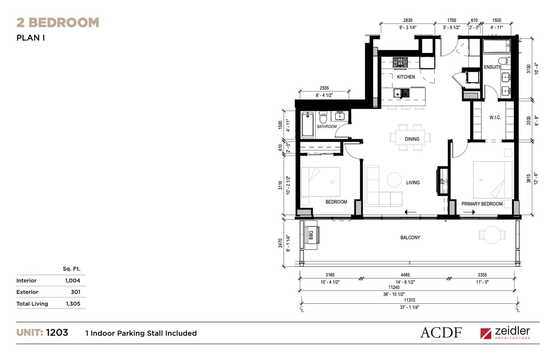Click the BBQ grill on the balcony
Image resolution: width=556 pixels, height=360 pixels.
click(x=311, y=235)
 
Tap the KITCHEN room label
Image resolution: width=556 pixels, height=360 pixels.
click(x=406, y=76)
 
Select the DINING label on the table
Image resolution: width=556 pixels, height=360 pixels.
click(x=412, y=139)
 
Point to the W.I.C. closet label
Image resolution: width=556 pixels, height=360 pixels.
click(x=495, y=117)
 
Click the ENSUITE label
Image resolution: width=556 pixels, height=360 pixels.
click(x=493, y=67)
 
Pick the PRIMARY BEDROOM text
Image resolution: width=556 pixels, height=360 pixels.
click(x=482, y=204)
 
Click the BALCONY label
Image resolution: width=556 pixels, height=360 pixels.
click(x=410, y=238)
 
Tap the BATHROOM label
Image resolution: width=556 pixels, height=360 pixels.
click(x=327, y=127)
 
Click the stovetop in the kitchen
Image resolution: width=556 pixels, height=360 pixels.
click(x=400, y=63)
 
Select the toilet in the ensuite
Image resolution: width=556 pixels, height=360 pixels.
click(x=503, y=60)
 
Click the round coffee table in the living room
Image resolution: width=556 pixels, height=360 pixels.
click(x=394, y=180)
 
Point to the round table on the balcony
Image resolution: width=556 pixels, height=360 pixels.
click(x=492, y=235)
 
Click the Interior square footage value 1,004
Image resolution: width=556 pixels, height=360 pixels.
click(x=72, y=281)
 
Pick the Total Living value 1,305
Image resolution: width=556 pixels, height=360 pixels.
click(x=73, y=304)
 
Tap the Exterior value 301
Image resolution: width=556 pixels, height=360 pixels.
click(x=75, y=292)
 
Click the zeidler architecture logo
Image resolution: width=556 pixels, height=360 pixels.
click(x=505, y=333)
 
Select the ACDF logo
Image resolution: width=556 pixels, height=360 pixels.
click(x=441, y=333)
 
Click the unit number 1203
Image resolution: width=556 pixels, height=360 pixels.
click(x=57, y=332)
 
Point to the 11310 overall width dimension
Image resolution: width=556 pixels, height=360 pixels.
click(x=410, y=300)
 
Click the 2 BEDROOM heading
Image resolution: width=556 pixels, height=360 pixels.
click(x=58, y=22)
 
